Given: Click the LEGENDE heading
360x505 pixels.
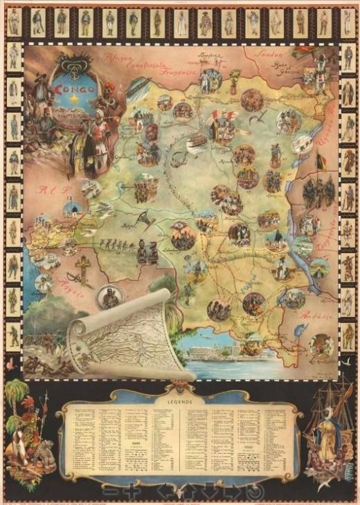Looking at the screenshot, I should pos(180,400).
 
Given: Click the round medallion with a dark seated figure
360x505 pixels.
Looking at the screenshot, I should pos(110,296).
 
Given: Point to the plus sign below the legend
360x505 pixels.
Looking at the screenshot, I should pos(132,490).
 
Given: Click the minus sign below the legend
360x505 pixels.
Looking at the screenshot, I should pos(111,490).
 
